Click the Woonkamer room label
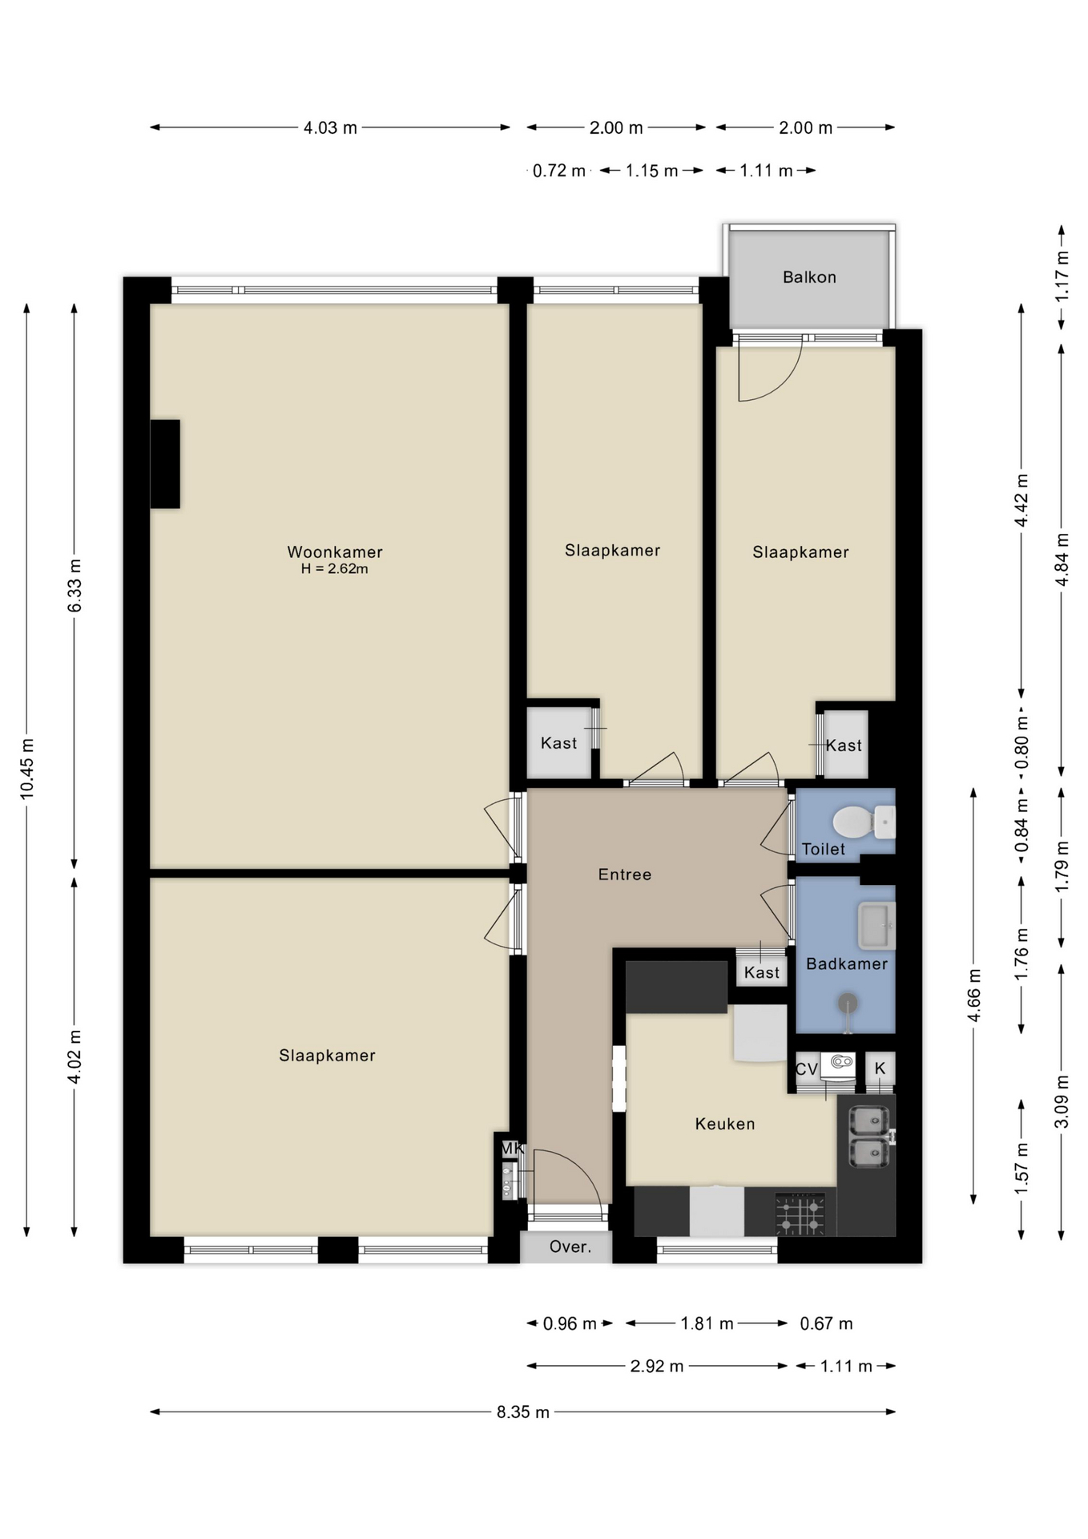pos(335,551)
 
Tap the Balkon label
pos(809,277)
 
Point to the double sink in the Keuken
pos(868,1136)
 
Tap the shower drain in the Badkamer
pos(847,1002)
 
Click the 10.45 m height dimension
pos(27,768)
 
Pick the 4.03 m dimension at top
pos(330,127)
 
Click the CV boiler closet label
pos(806,1069)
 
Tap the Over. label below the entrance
pos(570,1247)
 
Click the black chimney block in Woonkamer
pos(165,463)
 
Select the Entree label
pos(625,875)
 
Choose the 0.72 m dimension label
pos(558,171)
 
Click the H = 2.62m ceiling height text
pos(335,569)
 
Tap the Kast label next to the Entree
pos(761,972)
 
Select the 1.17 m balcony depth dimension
pos(1062,277)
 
